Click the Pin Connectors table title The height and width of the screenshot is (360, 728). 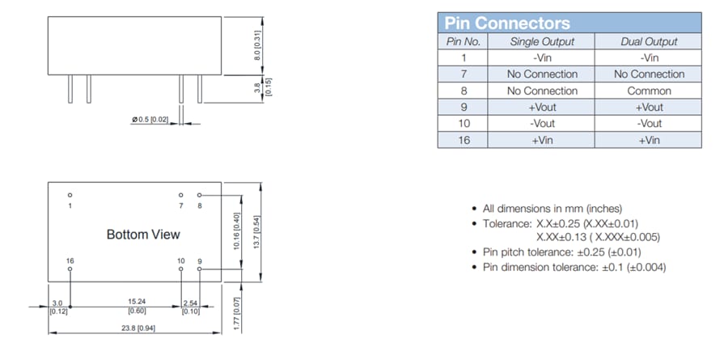507,23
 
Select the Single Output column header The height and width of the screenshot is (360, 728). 542,41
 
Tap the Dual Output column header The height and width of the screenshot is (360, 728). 648,41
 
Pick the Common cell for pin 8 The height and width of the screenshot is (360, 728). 649,91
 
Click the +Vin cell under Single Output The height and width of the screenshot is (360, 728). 542,140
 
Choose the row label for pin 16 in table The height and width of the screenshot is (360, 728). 464,140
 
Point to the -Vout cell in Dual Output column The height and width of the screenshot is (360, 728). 649,124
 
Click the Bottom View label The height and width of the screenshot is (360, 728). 143,235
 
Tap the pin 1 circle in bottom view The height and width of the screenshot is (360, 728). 70,195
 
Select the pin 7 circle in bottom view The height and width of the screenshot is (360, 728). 181,195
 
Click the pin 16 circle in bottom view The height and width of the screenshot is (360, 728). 70,268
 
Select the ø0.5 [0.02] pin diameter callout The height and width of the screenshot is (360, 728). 149,120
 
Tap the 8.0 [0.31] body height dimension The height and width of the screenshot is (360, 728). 258,45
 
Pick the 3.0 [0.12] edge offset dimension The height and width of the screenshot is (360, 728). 58,306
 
